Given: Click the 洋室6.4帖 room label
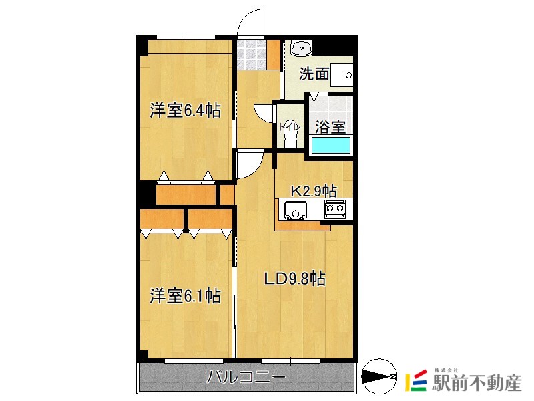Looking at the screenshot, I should coord(185,110).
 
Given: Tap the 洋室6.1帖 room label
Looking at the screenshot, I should coord(185,295).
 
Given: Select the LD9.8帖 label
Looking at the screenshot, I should coord(294,279).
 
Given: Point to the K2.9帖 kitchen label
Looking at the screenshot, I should coord(312,190).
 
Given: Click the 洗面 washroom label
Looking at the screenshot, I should coord(314,74).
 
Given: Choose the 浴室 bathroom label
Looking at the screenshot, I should coord(330,126).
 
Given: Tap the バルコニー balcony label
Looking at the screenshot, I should coord(246,378).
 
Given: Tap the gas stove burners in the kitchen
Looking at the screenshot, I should coord(335,209).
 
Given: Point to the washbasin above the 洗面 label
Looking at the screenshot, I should coord(302,47).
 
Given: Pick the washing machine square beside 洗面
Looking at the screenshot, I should coord(342,74).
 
